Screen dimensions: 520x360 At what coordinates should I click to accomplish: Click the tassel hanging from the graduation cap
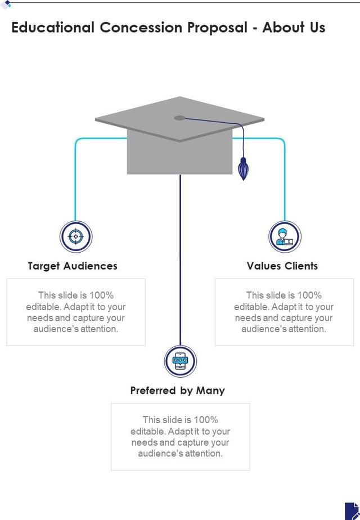243,169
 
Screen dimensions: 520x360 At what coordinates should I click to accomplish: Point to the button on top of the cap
179,118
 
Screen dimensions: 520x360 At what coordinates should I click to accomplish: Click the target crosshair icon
76,236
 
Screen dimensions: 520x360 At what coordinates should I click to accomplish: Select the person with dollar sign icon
285,236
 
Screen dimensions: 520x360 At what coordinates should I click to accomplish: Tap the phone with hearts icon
181,361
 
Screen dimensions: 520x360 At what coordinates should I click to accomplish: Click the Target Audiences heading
73,266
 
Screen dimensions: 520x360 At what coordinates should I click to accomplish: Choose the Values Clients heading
282,266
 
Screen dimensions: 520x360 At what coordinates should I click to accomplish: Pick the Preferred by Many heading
178,391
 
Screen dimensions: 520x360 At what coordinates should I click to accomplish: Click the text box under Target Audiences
76,312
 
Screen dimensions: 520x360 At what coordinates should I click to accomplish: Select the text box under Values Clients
284,312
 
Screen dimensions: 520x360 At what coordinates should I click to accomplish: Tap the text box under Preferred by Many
181,437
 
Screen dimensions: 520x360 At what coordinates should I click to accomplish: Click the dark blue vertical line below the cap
181,259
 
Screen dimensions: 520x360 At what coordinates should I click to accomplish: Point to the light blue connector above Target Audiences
76,180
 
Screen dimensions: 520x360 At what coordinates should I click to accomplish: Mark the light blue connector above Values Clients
285,180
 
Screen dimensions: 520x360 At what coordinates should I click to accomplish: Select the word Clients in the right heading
300,266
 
